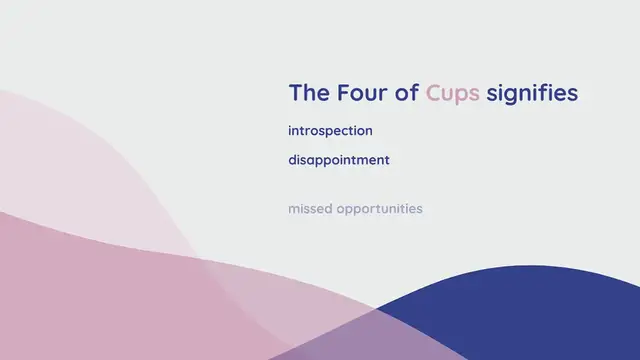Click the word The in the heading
[307, 93]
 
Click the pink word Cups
[453, 94]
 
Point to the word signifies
[532, 94]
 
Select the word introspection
[330, 131]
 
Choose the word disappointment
[339, 160]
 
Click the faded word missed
[309, 209]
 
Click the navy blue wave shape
[530, 320]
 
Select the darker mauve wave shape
[100, 300]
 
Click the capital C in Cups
[434, 93]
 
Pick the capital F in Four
[344, 93]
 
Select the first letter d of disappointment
[292, 160]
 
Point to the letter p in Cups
[461, 96]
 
